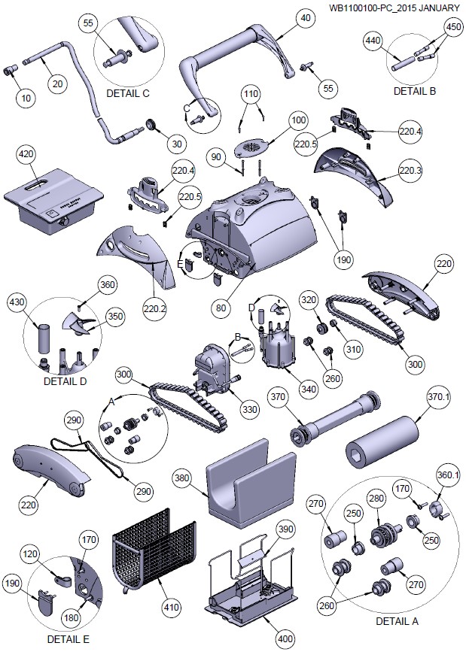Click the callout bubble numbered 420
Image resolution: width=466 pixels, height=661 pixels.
click(26, 155)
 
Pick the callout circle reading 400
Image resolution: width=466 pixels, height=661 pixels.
click(284, 639)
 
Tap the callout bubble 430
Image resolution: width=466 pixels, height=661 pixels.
click(17, 302)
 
